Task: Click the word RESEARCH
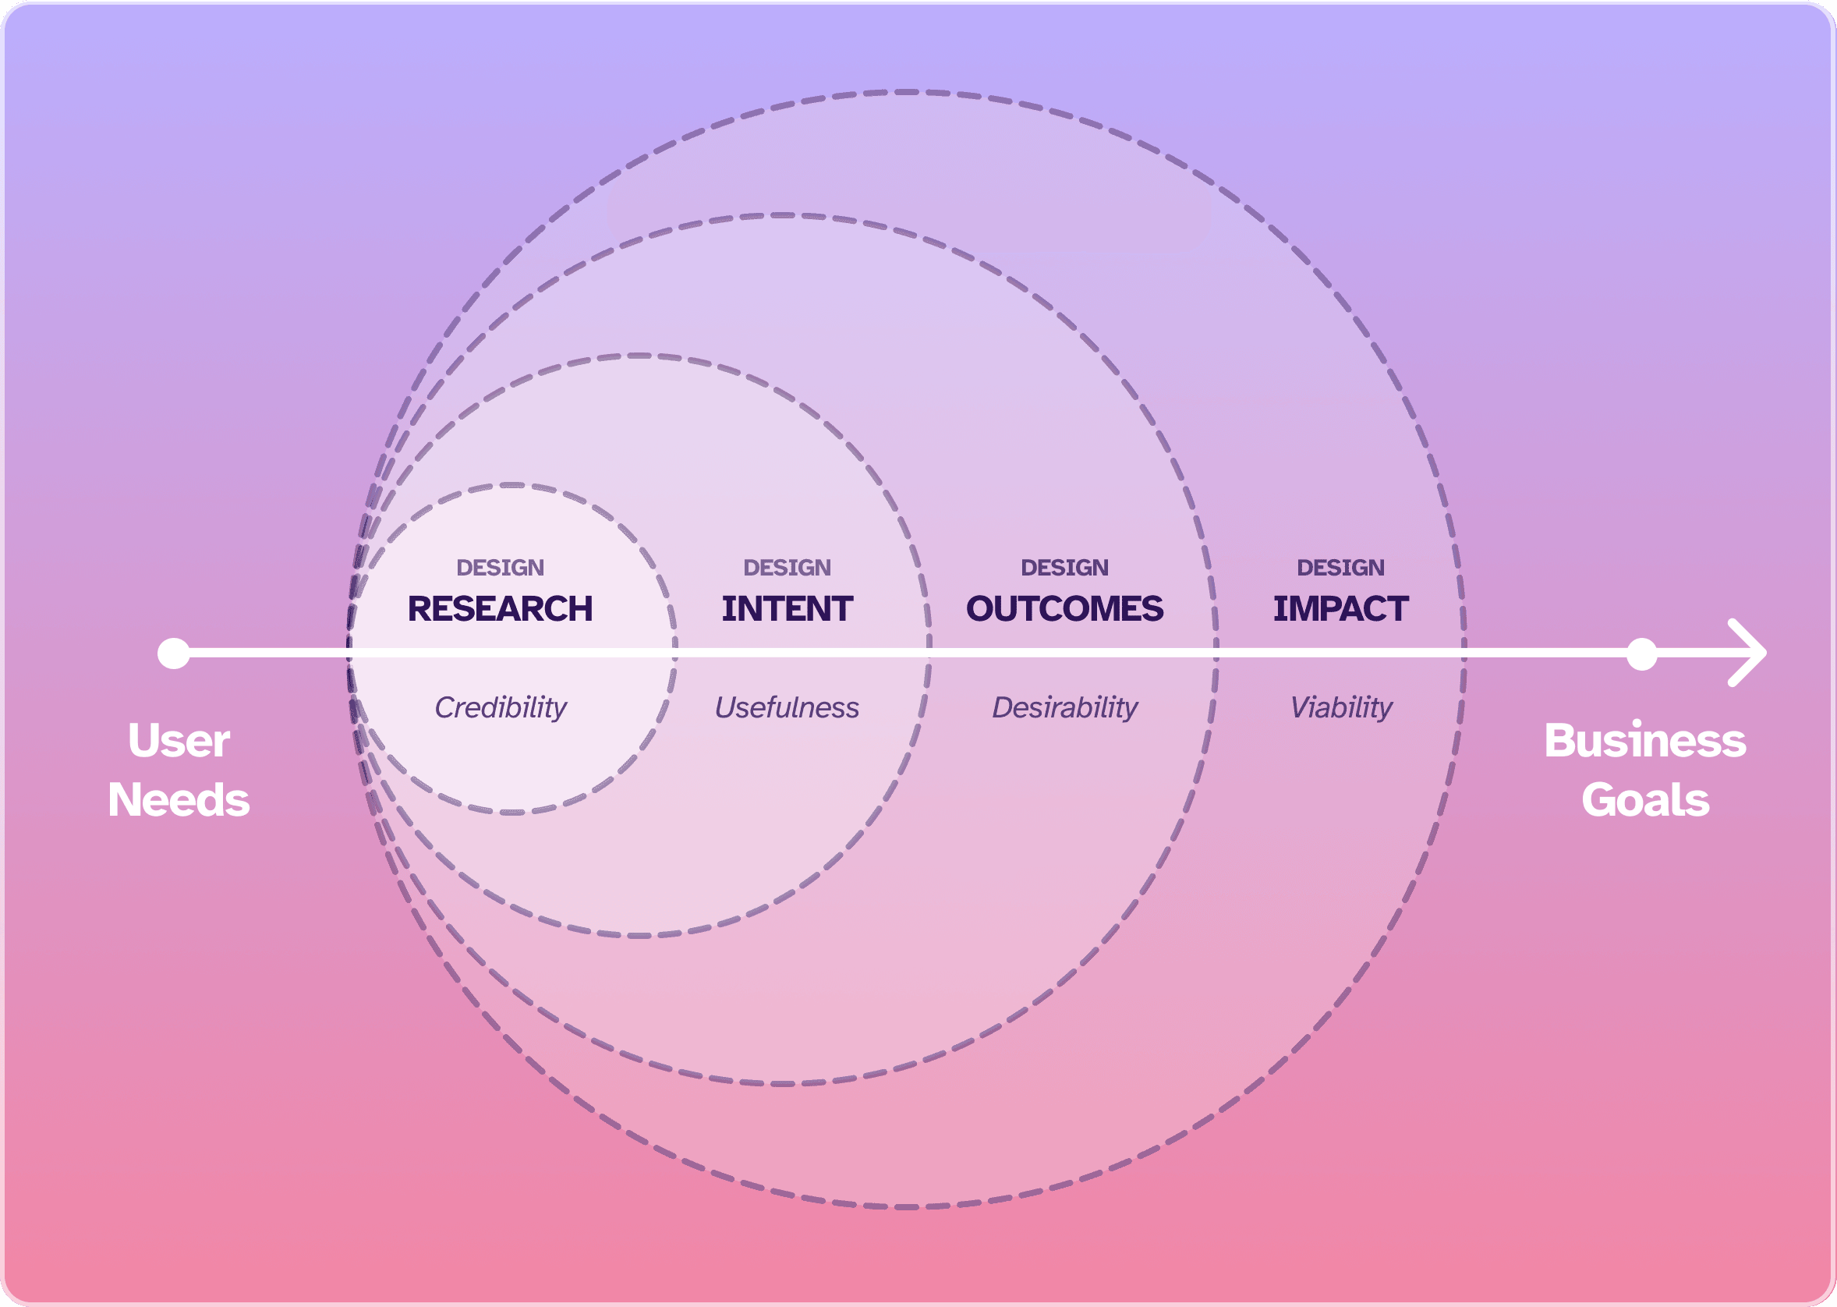500,609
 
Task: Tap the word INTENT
787,609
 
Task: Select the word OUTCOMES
1064,609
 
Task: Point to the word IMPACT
1340,609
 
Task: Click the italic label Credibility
501,707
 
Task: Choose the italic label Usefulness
787,707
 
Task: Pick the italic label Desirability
1064,707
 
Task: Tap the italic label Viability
1341,707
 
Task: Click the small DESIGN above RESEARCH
500,568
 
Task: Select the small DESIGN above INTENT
787,568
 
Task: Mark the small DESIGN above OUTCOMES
1064,568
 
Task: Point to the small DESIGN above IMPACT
1340,568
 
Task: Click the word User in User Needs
179,741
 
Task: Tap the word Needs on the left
179,800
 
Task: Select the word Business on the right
1644,741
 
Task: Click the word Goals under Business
1644,800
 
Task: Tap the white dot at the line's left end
174,653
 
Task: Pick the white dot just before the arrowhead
1641,653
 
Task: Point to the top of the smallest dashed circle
511,485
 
